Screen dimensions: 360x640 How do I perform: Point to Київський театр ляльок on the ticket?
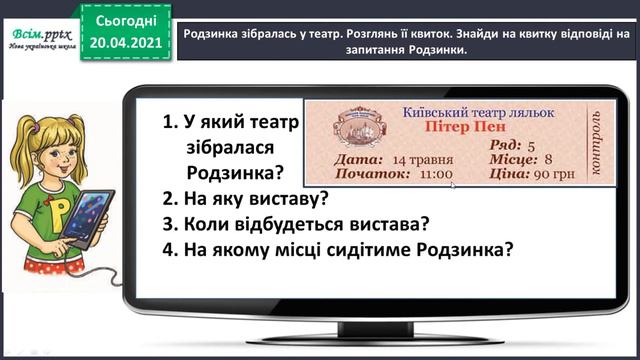(x=452, y=113)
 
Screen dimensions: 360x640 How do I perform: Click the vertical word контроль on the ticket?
(x=598, y=144)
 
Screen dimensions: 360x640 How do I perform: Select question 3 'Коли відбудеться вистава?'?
(x=296, y=223)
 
